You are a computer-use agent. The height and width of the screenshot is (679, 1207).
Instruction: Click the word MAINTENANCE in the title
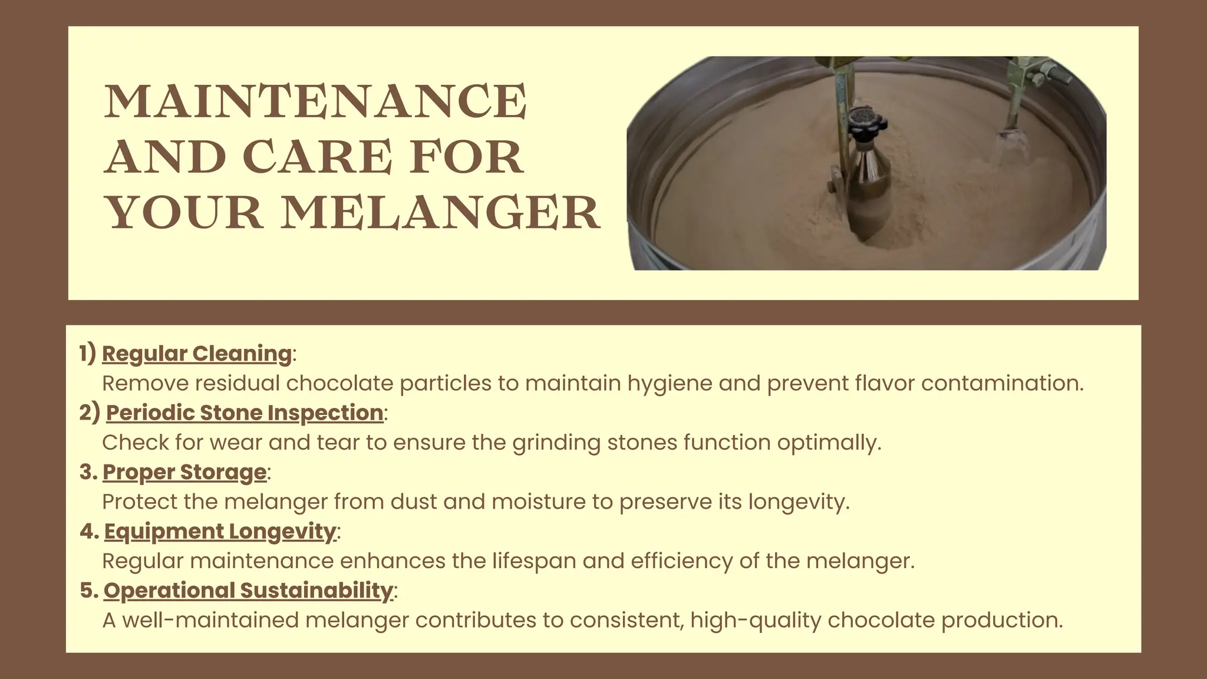315,101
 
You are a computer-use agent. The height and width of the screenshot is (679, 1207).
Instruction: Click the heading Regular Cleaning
197,354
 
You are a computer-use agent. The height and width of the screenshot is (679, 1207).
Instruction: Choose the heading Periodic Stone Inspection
245,413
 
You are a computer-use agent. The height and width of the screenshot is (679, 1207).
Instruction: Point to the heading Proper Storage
184,472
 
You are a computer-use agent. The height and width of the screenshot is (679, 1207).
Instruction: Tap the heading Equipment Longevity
220,531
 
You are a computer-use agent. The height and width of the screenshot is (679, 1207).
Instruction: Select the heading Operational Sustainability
248,590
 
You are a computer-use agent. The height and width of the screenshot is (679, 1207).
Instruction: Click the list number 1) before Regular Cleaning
88,354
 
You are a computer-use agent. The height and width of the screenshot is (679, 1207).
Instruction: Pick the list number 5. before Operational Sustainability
89,590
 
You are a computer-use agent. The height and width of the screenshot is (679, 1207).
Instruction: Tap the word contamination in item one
1002,383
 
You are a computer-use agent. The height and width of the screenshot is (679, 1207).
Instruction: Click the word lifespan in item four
534,561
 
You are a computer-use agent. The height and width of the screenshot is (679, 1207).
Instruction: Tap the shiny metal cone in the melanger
869,177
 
